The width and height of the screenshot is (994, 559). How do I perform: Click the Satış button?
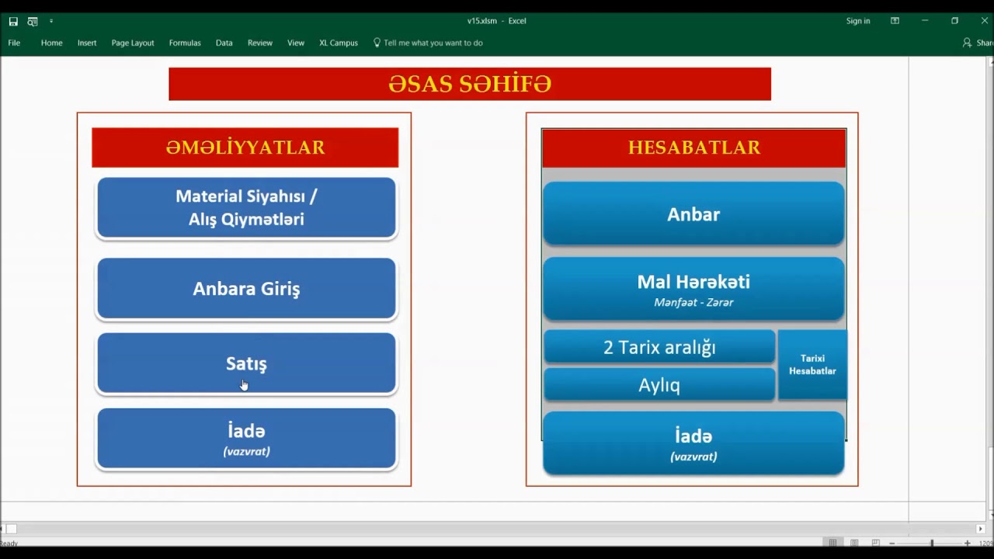coord(246,363)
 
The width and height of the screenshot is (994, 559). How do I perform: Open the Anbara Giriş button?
coord(246,289)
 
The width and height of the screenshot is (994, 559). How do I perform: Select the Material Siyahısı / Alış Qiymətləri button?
coord(246,208)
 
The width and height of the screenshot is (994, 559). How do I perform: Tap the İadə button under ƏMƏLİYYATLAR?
coord(246,439)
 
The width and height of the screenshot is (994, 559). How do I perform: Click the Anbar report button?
coord(693,214)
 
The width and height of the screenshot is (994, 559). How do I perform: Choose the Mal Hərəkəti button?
coord(693,289)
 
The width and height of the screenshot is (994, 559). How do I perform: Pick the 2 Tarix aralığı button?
coord(659,347)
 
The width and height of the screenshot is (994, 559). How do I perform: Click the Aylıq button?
coord(659,385)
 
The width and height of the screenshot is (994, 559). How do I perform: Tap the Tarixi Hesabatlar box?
coord(812,365)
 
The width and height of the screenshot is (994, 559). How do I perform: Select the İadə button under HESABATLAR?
coord(693,443)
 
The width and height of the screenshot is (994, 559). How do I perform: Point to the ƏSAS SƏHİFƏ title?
coord(470,84)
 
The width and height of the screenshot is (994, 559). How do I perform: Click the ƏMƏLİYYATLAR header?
coord(245,148)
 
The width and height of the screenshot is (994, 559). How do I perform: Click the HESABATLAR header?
coord(693,148)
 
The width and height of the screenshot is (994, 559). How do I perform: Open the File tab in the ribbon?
coord(14,43)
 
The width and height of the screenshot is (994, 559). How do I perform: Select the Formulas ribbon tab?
coord(185,43)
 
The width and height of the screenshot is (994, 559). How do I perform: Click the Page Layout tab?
coord(133,43)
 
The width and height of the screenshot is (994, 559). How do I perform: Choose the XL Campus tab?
coord(339,43)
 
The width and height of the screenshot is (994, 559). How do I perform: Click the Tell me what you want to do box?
coord(433,43)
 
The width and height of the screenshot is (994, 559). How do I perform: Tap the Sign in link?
coord(858,21)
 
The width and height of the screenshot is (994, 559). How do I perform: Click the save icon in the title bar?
coord(13,22)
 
